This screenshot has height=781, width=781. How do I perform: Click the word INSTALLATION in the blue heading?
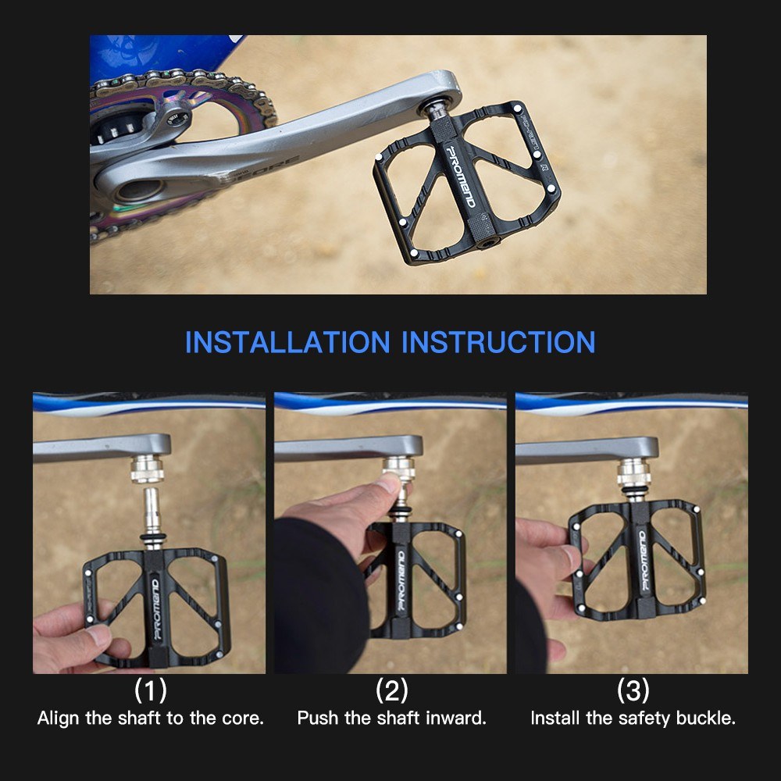[x=287, y=342]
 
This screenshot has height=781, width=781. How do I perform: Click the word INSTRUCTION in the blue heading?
[x=498, y=342]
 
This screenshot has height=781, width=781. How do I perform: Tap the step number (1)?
[x=151, y=690]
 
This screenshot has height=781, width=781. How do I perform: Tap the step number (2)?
[x=392, y=690]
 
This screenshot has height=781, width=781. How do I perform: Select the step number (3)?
[x=633, y=690]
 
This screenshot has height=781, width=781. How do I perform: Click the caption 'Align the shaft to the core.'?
[x=151, y=718]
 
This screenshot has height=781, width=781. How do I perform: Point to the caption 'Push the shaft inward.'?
[x=392, y=718]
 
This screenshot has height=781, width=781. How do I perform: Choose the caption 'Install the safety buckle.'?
[x=633, y=718]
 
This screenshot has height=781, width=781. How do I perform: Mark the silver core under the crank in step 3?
[x=631, y=473]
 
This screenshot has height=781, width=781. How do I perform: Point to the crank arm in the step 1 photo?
[x=94, y=448]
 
